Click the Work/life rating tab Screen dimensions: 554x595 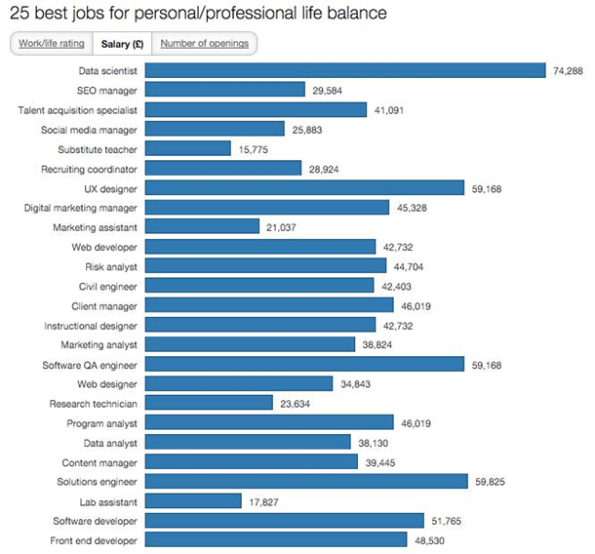(50, 44)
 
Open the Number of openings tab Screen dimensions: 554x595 (204, 44)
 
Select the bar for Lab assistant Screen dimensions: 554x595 (193, 500)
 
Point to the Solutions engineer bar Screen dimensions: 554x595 (306, 481)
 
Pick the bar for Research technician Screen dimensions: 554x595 (209, 403)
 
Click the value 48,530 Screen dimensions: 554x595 (431, 539)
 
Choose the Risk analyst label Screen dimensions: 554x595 (110, 266)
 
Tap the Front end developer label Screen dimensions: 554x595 (94, 539)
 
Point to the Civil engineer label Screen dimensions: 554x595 (108, 286)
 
